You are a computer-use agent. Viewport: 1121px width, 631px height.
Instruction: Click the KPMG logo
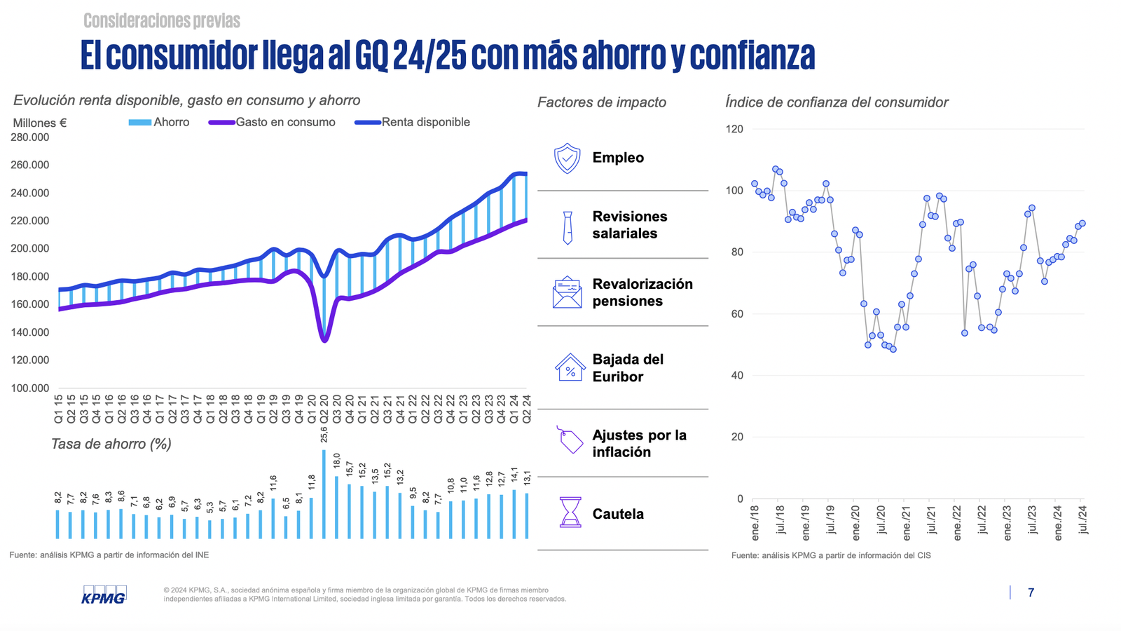104,595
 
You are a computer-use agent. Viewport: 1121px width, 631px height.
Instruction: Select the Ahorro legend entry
160,122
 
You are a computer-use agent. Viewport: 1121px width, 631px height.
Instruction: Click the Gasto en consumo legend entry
273,122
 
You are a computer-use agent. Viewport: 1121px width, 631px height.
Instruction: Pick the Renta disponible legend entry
413,122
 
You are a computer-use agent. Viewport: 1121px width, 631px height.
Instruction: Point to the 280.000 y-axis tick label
29,137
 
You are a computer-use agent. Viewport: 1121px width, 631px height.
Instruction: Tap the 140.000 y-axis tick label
29,332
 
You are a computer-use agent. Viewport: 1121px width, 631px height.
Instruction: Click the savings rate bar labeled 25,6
324,494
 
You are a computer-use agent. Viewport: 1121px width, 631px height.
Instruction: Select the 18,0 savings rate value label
336,461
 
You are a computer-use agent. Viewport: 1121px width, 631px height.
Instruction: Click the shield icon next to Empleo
567,158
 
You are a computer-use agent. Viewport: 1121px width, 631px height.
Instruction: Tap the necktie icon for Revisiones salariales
568,227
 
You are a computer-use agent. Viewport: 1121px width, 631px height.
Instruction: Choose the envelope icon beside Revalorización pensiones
567,293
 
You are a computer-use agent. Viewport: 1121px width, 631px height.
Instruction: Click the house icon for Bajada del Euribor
570,367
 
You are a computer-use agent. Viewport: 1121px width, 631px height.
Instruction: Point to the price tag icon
570,440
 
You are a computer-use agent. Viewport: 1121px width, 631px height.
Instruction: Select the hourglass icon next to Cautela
570,512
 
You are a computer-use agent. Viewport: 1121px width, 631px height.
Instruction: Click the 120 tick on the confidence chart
735,129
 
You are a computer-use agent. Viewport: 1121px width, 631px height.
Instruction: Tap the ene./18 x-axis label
755,522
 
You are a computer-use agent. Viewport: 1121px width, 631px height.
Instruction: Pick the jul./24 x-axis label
1083,520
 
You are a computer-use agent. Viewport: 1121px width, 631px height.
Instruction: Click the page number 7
1031,592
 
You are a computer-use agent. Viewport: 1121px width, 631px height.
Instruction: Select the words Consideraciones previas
162,21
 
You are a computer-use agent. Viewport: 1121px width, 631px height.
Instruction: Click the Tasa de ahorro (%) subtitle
111,444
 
